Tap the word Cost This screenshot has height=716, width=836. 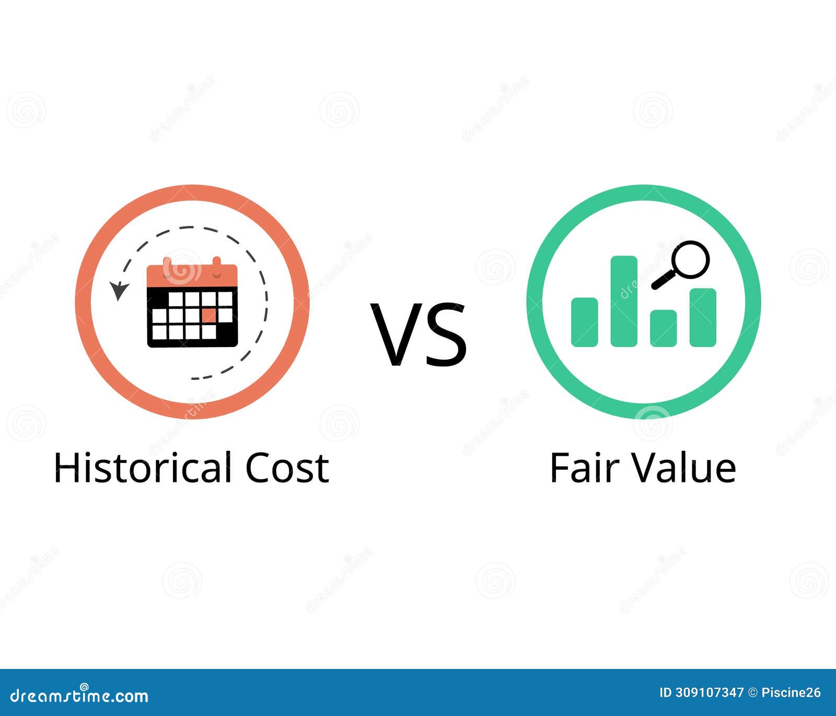287,467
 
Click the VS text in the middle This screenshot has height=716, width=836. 419,334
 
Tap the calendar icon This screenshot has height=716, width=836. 192,303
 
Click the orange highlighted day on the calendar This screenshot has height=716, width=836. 209,315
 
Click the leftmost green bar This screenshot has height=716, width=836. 584,322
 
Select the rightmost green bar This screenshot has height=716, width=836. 703,317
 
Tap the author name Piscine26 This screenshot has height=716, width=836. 791,693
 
